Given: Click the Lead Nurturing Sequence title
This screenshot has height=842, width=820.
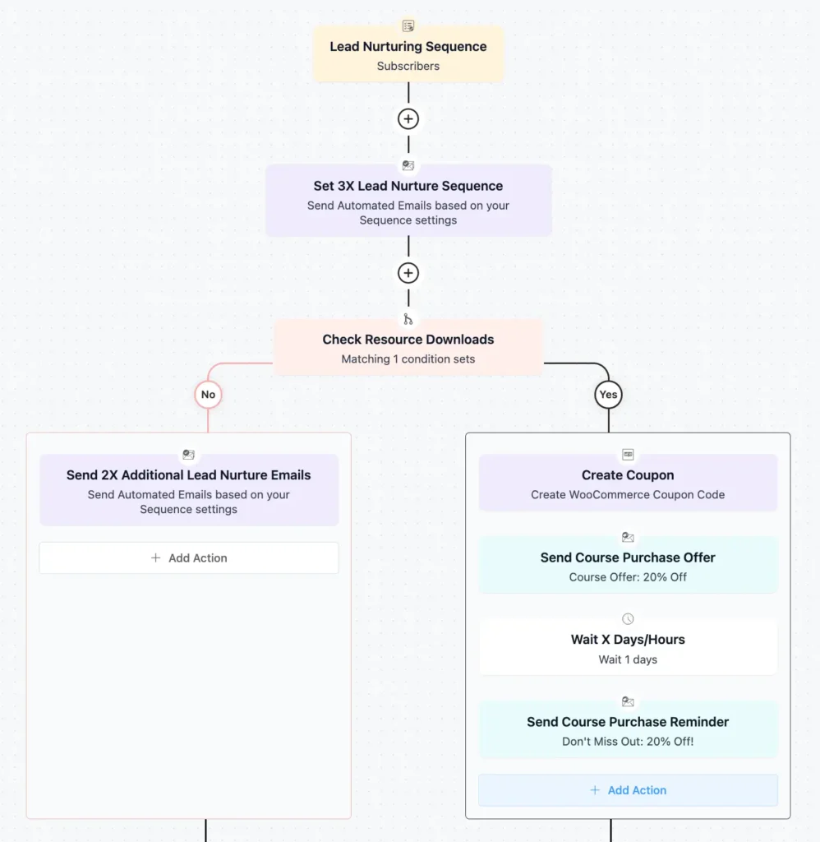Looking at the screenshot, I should pos(408,47).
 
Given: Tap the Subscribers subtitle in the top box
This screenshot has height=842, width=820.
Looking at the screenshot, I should pos(408,66).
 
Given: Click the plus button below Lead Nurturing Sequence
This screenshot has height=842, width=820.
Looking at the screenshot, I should pos(408,119).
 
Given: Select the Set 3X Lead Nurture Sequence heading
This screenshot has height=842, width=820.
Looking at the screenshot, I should pos(408,187).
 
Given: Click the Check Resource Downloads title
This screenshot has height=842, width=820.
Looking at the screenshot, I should pos(408,340).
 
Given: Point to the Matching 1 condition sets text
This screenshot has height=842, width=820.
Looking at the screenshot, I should pos(408,359).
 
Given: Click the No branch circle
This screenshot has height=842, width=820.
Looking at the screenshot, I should pos(208,395).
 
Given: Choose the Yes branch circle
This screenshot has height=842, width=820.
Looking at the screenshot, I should pos(608,395).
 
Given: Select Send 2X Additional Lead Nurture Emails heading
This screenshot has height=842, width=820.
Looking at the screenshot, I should pos(189,475).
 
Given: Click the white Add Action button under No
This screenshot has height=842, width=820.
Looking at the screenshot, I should pos(189,557).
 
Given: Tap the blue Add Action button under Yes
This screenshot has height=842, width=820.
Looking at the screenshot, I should pos(629,790).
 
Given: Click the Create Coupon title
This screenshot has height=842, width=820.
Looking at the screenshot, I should pos(628,475).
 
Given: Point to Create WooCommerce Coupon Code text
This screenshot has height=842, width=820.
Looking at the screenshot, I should pos(628,495).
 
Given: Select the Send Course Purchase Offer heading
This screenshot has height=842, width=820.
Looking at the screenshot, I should pos(628,557).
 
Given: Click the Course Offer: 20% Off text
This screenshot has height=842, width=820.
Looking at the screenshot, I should pos(628,577).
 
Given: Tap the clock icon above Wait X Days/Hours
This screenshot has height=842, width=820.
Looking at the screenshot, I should pos(628,619).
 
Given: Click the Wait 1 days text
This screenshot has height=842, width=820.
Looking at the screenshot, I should pos(628,659).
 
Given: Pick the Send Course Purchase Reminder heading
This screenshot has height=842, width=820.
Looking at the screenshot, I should pos(628,722).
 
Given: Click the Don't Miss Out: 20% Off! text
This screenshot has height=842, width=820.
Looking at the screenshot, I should pos(628,742).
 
